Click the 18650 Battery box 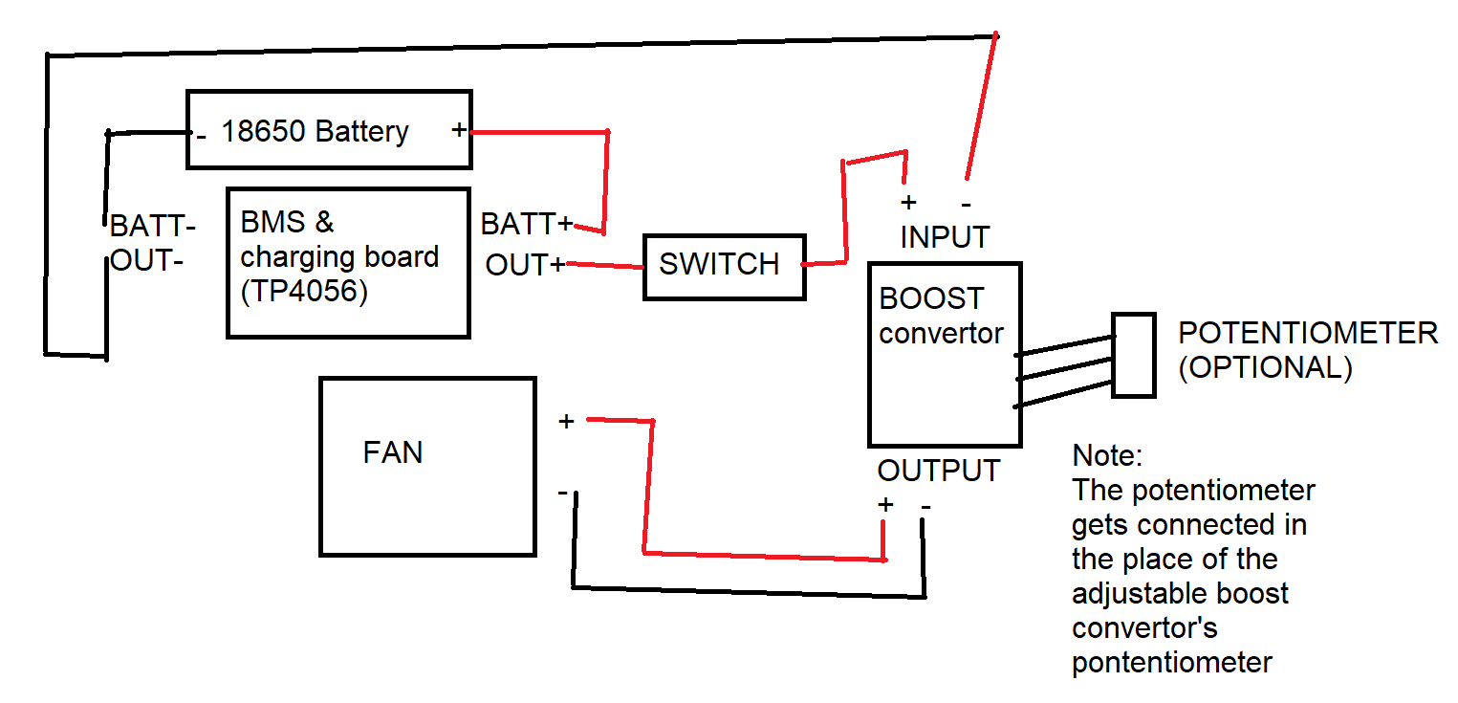point(329,130)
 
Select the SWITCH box point(724,266)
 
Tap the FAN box point(426,466)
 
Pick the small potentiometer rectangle point(1134,355)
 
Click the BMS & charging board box point(348,262)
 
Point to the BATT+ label point(527,225)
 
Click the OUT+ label point(525,265)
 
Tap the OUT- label point(147,261)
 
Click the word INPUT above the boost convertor point(945,236)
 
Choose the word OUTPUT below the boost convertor point(939,471)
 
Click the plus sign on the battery point(459,129)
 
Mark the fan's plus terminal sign point(566,421)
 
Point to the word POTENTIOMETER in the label point(1307,334)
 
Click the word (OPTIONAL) point(1265,368)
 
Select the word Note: point(1107,455)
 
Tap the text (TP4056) point(304,292)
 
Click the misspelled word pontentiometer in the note point(1172,663)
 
